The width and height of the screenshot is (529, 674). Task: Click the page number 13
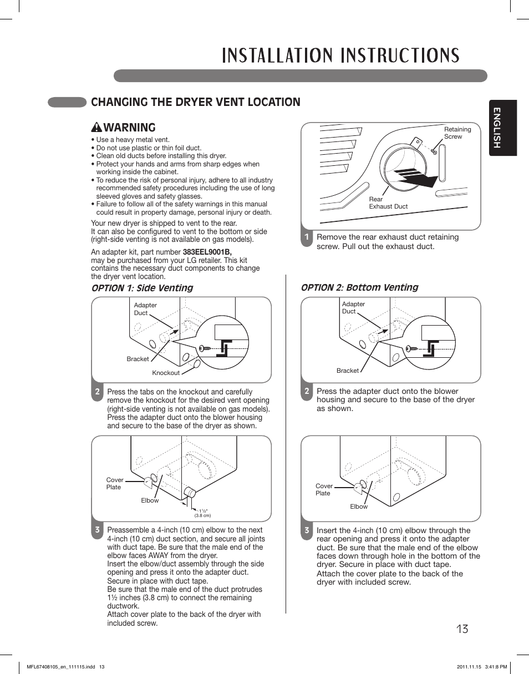click(x=462, y=629)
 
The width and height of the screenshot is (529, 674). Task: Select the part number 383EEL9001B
click(x=207, y=251)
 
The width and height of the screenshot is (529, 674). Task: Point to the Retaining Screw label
click(x=457, y=133)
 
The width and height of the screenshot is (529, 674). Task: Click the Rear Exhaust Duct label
click(x=388, y=203)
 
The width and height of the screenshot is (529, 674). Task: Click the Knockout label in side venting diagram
click(x=166, y=373)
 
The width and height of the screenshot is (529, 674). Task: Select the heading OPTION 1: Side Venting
click(x=142, y=287)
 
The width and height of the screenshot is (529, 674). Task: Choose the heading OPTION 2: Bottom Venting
click(x=359, y=287)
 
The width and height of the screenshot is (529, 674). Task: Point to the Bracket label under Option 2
click(x=348, y=371)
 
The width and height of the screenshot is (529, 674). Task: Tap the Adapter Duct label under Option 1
click(x=145, y=309)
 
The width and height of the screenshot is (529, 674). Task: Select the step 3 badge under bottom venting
click(x=306, y=530)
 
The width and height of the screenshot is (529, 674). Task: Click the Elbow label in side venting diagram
click(x=150, y=500)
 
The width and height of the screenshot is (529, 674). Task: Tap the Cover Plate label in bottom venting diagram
click(x=324, y=489)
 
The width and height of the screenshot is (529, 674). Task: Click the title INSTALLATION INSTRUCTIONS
click(x=340, y=55)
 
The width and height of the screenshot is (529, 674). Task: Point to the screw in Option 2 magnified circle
click(x=411, y=348)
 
